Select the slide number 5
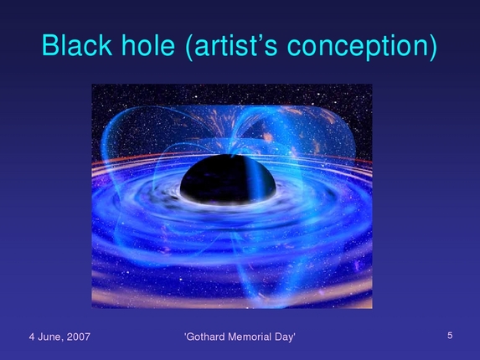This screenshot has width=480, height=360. pyautogui.click(x=450, y=335)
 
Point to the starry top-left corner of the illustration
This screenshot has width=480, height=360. pyautogui.click(x=105, y=96)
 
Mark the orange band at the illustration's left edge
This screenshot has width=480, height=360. pyautogui.click(x=101, y=157)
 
